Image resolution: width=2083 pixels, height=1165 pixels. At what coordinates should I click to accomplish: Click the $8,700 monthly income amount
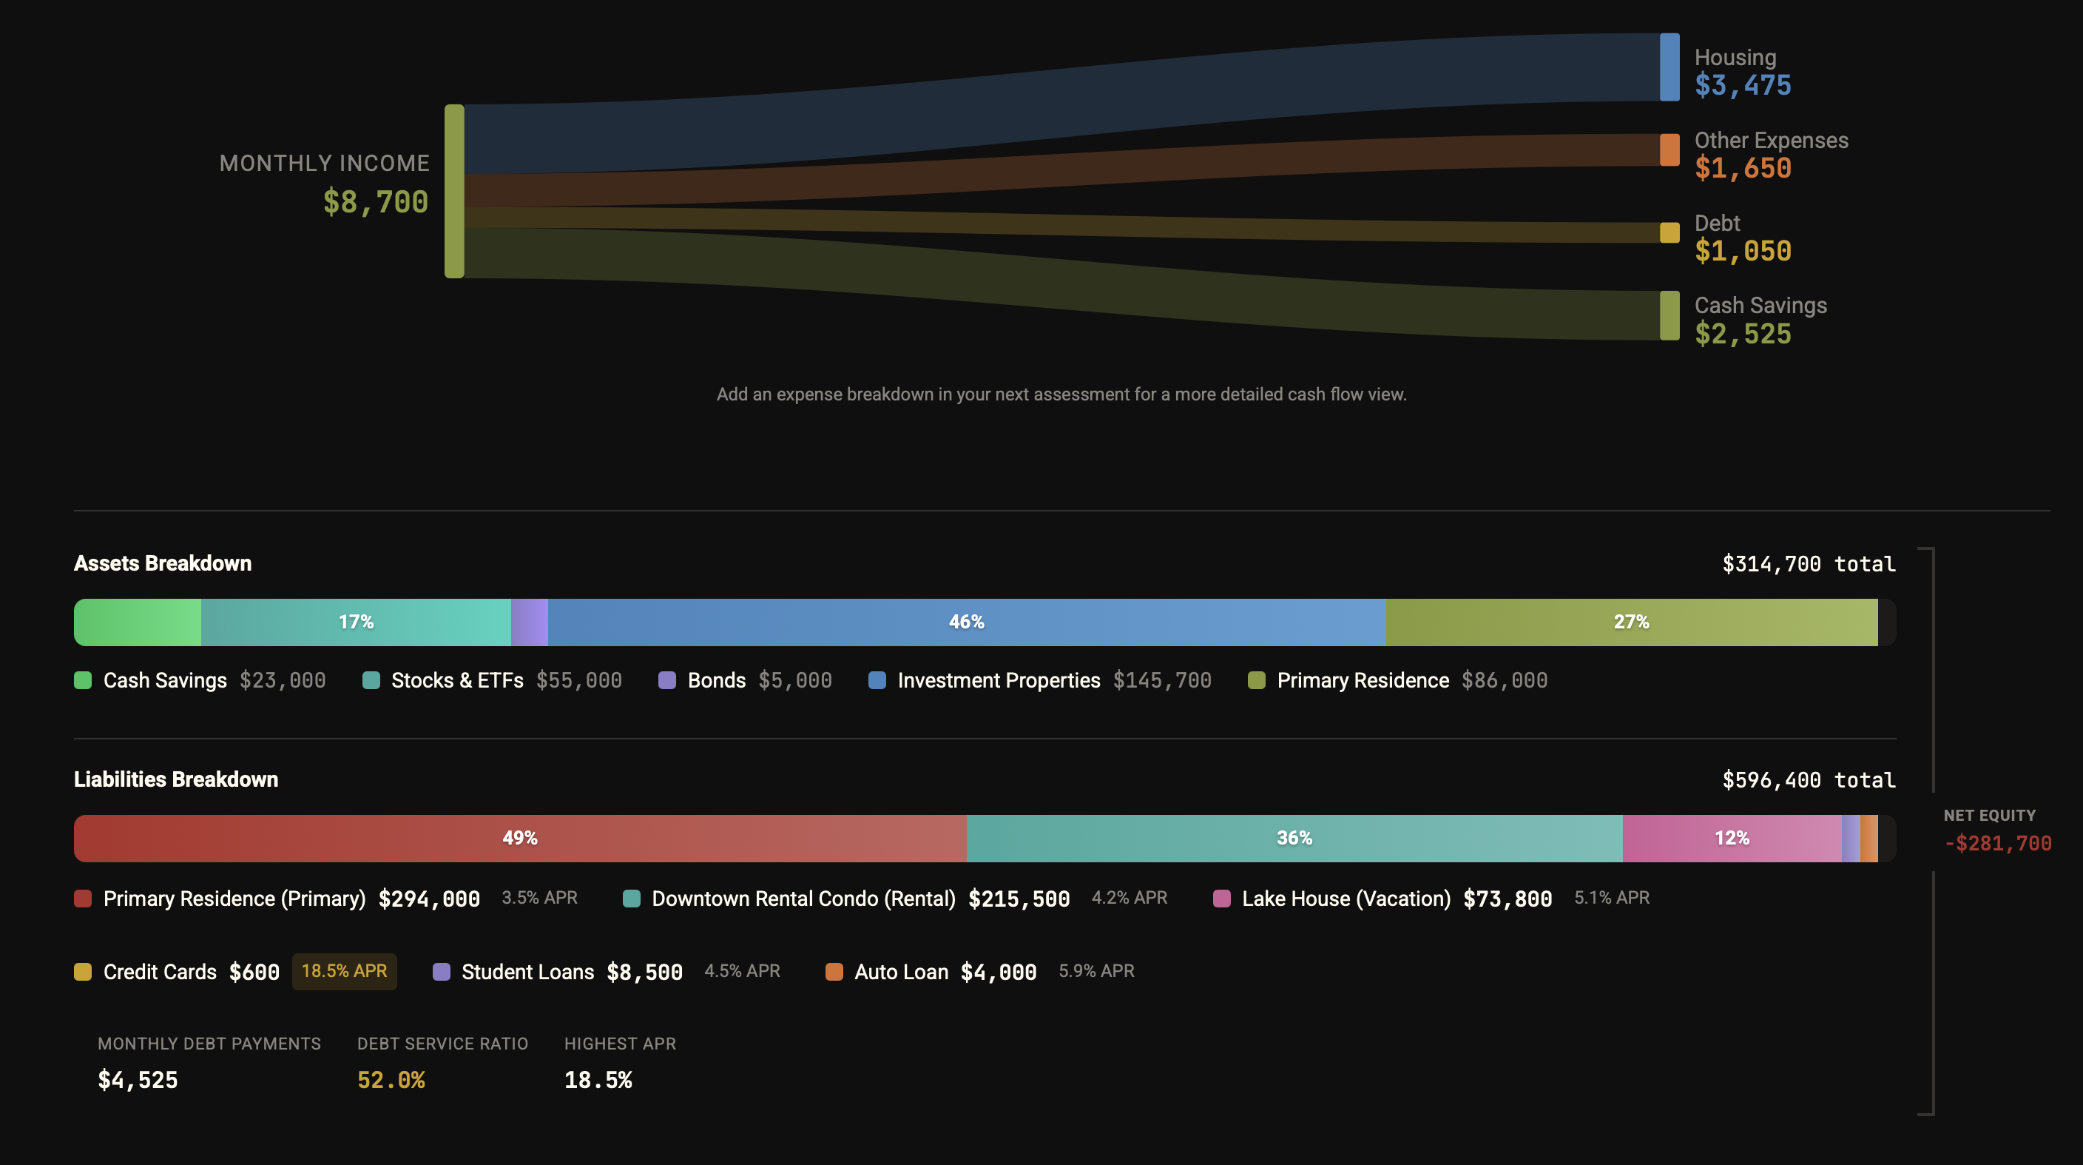(375, 201)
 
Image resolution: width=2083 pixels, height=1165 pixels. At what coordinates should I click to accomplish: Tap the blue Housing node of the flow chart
(1669, 67)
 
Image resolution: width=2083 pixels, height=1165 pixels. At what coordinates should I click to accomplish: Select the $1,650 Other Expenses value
(1743, 168)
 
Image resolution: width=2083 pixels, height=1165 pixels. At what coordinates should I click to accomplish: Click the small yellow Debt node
(1669, 233)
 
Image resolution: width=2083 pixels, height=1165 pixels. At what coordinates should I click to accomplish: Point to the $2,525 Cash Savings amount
(1743, 333)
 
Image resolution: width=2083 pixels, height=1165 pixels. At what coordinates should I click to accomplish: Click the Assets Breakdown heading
(163, 563)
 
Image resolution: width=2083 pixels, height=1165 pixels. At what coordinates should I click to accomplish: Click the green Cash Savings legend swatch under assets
(83, 680)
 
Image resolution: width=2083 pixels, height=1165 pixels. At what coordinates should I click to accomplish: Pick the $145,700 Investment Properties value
(1162, 680)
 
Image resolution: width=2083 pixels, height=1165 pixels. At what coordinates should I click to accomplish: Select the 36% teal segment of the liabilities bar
(1294, 838)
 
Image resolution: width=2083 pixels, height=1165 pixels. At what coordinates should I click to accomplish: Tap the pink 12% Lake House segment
(1731, 838)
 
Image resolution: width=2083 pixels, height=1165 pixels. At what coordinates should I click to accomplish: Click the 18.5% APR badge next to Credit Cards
(344, 971)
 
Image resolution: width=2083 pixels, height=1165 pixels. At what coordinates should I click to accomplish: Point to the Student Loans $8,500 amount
(644, 972)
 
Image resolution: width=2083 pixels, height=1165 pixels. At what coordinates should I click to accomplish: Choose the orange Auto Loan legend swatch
(834, 972)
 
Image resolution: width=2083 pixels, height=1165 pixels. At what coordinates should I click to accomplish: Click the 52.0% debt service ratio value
(391, 1080)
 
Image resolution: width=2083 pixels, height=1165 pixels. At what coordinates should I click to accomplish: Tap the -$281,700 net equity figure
(1997, 843)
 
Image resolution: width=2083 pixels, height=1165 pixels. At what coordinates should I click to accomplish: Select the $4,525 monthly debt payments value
(138, 1080)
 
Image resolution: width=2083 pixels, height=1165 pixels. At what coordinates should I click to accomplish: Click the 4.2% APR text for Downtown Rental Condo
(1129, 898)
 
